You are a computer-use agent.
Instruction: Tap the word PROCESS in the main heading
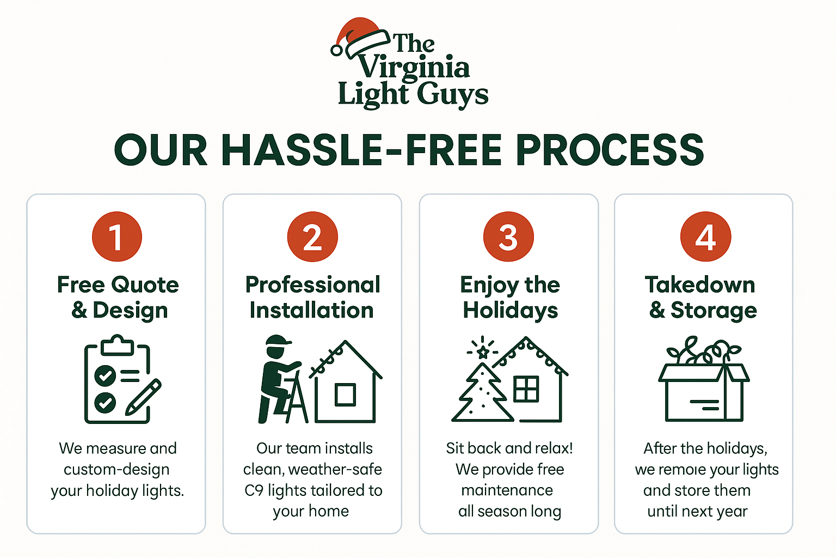[610, 150]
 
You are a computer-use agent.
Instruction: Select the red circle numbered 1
[117, 236]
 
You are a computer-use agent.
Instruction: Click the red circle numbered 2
[312, 236]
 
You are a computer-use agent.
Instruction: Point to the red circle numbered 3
[508, 236]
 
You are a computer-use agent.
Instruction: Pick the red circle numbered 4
[705, 236]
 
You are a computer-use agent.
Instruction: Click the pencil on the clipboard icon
[143, 397]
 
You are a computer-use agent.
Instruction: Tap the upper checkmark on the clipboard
[105, 375]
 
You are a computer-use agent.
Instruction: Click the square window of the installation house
[345, 395]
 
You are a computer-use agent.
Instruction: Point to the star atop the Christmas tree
[483, 351]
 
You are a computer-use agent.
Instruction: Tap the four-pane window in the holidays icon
[526, 389]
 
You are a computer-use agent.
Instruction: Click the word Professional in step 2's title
[313, 285]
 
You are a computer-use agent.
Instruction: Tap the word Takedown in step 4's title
[700, 285]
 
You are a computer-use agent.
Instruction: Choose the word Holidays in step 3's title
[510, 311]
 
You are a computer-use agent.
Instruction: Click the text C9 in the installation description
[254, 490]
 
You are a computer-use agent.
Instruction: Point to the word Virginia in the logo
[414, 69]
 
